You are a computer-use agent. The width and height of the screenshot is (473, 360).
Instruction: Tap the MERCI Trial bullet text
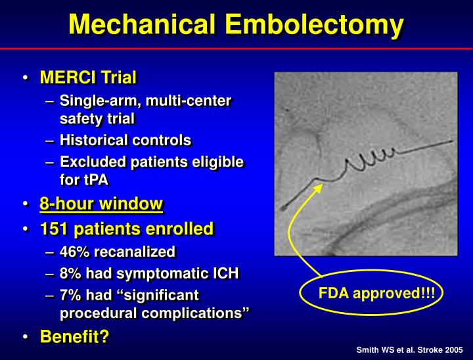pyautogui.click(x=88, y=78)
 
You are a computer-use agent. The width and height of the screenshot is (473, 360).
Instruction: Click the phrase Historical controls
pyautogui.click(x=125, y=140)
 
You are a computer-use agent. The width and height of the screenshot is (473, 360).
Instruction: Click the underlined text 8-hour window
pyautogui.click(x=101, y=204)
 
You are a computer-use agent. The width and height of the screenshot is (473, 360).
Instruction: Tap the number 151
pyautogui.click(x=54, y=229)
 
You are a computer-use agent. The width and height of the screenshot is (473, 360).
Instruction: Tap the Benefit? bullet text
pyautogui.click(x=74, y=336)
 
